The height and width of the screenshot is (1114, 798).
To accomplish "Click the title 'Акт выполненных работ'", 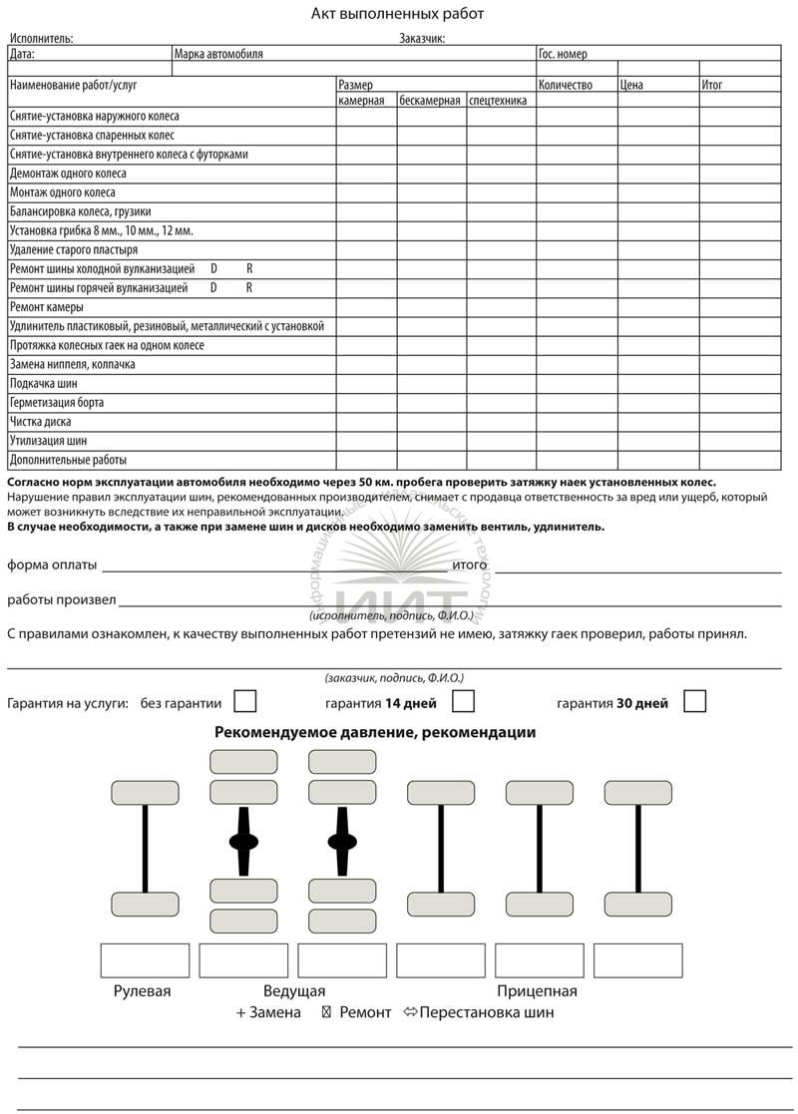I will (398, 14).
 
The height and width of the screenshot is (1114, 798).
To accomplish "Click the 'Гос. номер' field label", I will (563, 54).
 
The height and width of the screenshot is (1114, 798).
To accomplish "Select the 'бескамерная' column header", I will (430, 100).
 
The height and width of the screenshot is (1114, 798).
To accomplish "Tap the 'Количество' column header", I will (566, 85).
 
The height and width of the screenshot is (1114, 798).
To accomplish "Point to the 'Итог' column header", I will (712, 85).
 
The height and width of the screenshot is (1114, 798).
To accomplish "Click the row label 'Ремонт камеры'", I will (47, 307).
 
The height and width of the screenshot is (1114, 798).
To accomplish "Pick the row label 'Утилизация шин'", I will (48, 441).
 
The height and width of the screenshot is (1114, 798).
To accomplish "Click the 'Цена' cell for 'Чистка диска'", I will (657, 422).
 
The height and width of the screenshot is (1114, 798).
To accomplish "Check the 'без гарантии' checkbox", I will (244, 701).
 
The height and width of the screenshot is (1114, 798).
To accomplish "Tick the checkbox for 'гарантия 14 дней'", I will (463, 701).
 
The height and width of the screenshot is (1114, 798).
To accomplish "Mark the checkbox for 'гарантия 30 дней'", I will (694, 701).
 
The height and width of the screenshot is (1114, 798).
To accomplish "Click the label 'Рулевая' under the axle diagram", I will (142, 991).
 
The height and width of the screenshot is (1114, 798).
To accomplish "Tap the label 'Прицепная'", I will (538, 991).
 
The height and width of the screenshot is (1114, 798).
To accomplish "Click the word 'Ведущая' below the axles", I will (294, 991).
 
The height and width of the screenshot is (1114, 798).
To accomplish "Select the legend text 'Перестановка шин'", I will (487, 1012).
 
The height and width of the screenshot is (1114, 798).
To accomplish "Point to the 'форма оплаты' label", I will (52, 565).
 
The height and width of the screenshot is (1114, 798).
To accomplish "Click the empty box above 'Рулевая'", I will (145, 960).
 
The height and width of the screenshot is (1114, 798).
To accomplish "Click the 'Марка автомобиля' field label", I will (218, 54).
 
